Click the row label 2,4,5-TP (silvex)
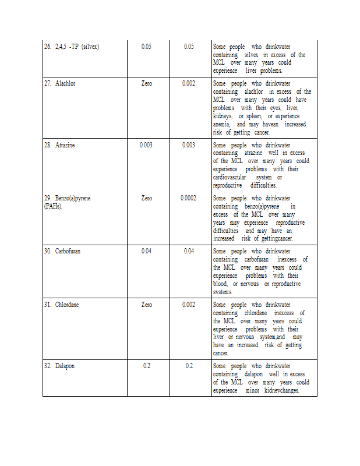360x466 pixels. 77,47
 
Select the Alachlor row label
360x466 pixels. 65,83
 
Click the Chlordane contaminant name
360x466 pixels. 67,305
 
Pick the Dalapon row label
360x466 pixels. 65,366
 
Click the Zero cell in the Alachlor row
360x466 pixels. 147,83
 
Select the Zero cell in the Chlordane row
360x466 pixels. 147,305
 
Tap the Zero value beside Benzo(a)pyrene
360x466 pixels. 147,198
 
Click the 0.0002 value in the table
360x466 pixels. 189,198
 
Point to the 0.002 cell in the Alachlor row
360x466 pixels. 189,83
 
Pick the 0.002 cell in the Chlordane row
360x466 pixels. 189,305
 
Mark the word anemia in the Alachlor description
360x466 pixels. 221,124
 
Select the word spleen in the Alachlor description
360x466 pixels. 255,116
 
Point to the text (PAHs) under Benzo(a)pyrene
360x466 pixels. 53,206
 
